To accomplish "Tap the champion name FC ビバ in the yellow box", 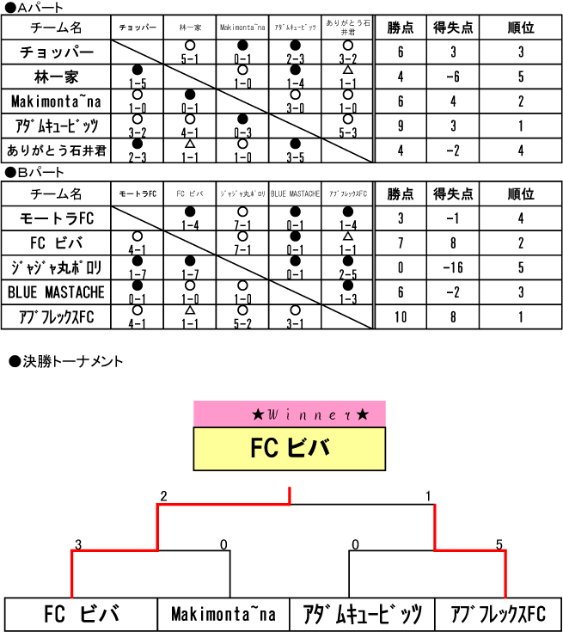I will [290, 449].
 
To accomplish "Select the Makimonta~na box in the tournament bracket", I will [223, 614].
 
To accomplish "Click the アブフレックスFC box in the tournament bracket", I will [498, 614].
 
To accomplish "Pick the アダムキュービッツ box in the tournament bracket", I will [363, 614].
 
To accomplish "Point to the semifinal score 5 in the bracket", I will [499, 544].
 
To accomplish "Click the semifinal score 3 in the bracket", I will [78, 544].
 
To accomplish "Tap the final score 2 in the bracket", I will [163, 496].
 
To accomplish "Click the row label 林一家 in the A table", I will [57, 77].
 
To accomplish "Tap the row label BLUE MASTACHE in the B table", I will [57, 292].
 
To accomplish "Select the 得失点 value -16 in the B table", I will [454, 267].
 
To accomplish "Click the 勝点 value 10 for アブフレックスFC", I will [401, 317].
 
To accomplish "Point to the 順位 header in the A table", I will [521, 28].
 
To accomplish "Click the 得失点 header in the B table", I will [454, 193].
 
